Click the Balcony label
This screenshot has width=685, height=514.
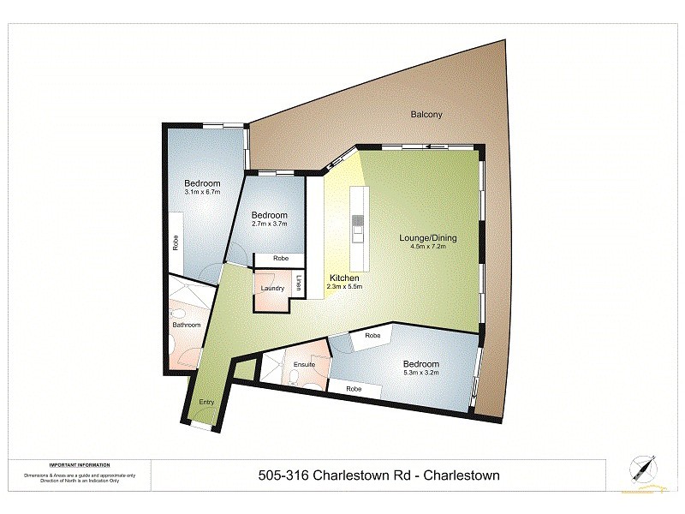point(426,114)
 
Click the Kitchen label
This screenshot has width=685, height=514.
point(343,278)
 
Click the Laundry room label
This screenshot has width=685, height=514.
point(272,289)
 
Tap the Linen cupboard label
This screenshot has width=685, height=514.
point(299,281)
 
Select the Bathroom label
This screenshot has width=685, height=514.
point(186,325)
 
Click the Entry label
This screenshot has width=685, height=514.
point(206,403)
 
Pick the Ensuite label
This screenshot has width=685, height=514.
point(304,365)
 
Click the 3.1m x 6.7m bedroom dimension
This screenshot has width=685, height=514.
point(202,192)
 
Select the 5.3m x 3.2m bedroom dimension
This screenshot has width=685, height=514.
point(421,373)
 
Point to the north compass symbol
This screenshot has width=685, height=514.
point(643,467)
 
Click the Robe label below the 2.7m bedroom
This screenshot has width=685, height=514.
point(280,259)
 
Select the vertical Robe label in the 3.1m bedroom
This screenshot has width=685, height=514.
point(174,244)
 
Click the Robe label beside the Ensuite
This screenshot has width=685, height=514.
point(352,390)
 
